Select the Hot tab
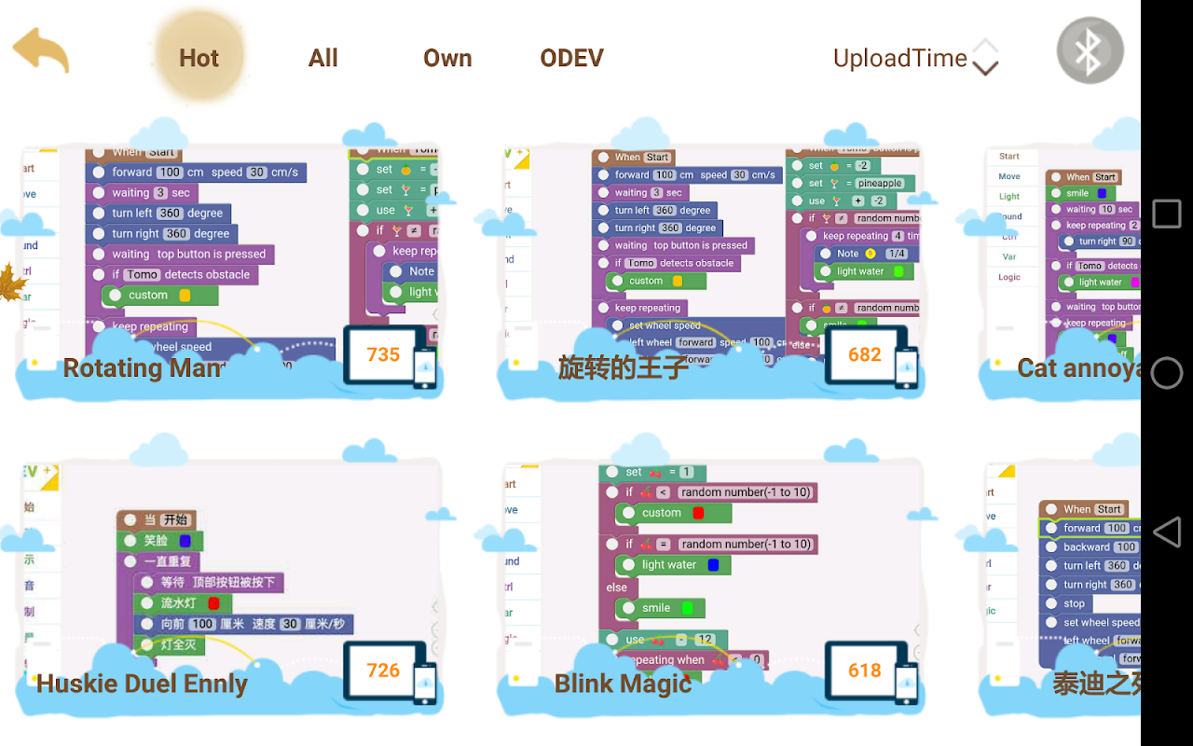click(199, 58)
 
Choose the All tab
click(322, 58)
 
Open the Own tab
click(447, 58)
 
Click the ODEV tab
click(571, 58)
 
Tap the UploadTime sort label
click(900, 58)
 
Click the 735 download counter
click(383, 354)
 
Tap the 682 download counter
click(865, 354)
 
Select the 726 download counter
click(383, 670)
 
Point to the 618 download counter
click(865, 670)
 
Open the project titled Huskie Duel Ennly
click(142, 684)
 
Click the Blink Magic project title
click(623, 684)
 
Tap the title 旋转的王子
click(623, 368)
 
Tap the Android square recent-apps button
click(1167, 214)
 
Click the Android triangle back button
click(1167, 532)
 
